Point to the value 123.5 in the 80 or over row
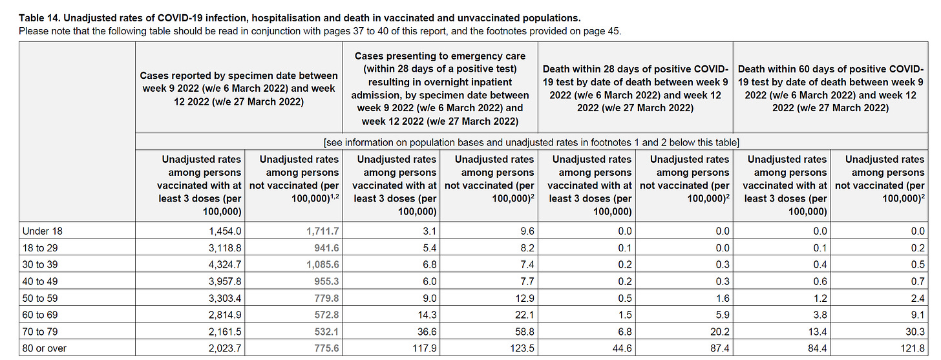520,348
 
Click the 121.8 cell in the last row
910,348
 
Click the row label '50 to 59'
43,298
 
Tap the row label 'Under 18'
43,231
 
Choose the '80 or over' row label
45,348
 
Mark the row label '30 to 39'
43,264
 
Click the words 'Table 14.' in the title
40,17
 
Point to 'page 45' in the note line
602,30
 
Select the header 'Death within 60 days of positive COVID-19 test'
830,89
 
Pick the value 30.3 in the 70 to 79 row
913,332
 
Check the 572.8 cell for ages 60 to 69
324,315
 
